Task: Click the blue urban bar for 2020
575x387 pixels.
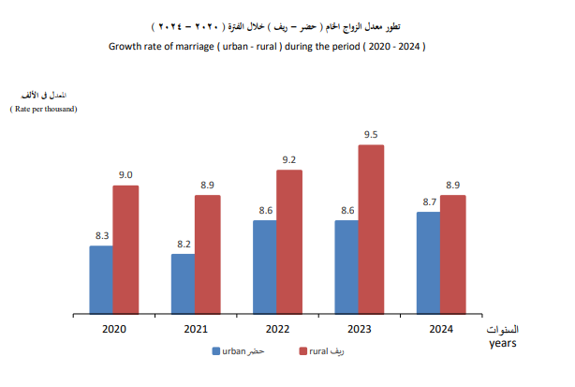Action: [101, 279]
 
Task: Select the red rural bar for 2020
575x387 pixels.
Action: [125, 249]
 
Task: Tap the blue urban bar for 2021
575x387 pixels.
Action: [183, 283]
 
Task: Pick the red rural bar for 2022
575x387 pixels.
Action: [289, 241]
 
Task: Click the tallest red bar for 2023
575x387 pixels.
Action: [371, 229]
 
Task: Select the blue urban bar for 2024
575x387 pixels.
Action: [428, 262]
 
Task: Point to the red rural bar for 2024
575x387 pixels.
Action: [453, 254]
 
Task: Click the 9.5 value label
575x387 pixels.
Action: [371, 135]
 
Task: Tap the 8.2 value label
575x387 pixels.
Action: [183, 245]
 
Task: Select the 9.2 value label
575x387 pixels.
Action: [289, 160]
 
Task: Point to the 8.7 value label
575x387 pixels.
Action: [428, 202]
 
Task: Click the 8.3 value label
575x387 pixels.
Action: [101, 236]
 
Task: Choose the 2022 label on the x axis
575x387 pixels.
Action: [277, 329]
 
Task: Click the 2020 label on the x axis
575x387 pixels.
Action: [113, 329]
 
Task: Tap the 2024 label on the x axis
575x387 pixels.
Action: [441, 329]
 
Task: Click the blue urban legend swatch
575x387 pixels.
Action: [215, 351]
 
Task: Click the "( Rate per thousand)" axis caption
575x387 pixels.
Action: [43, 110]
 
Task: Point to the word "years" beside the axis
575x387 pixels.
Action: [503, 343]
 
